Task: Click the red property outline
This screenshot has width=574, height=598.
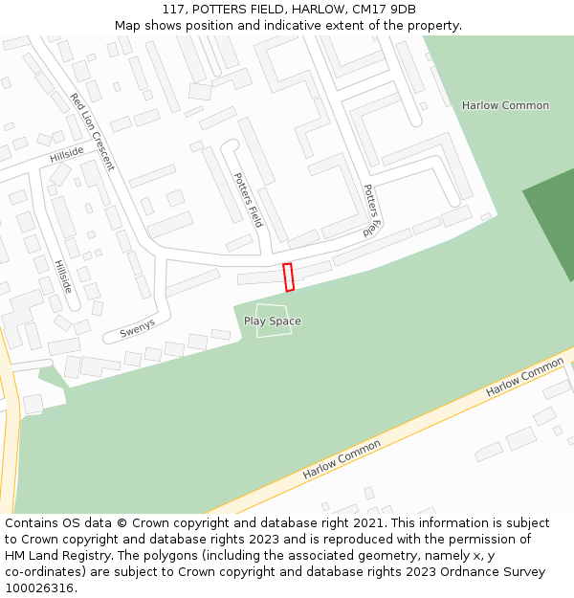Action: click(289, 277)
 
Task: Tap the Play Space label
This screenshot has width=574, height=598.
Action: click(272, 321)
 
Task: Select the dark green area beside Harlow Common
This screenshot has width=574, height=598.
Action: click(553, 230)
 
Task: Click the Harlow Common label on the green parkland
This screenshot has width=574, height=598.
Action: click(505, 105)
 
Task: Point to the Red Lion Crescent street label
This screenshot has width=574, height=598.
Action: click(92, 132)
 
